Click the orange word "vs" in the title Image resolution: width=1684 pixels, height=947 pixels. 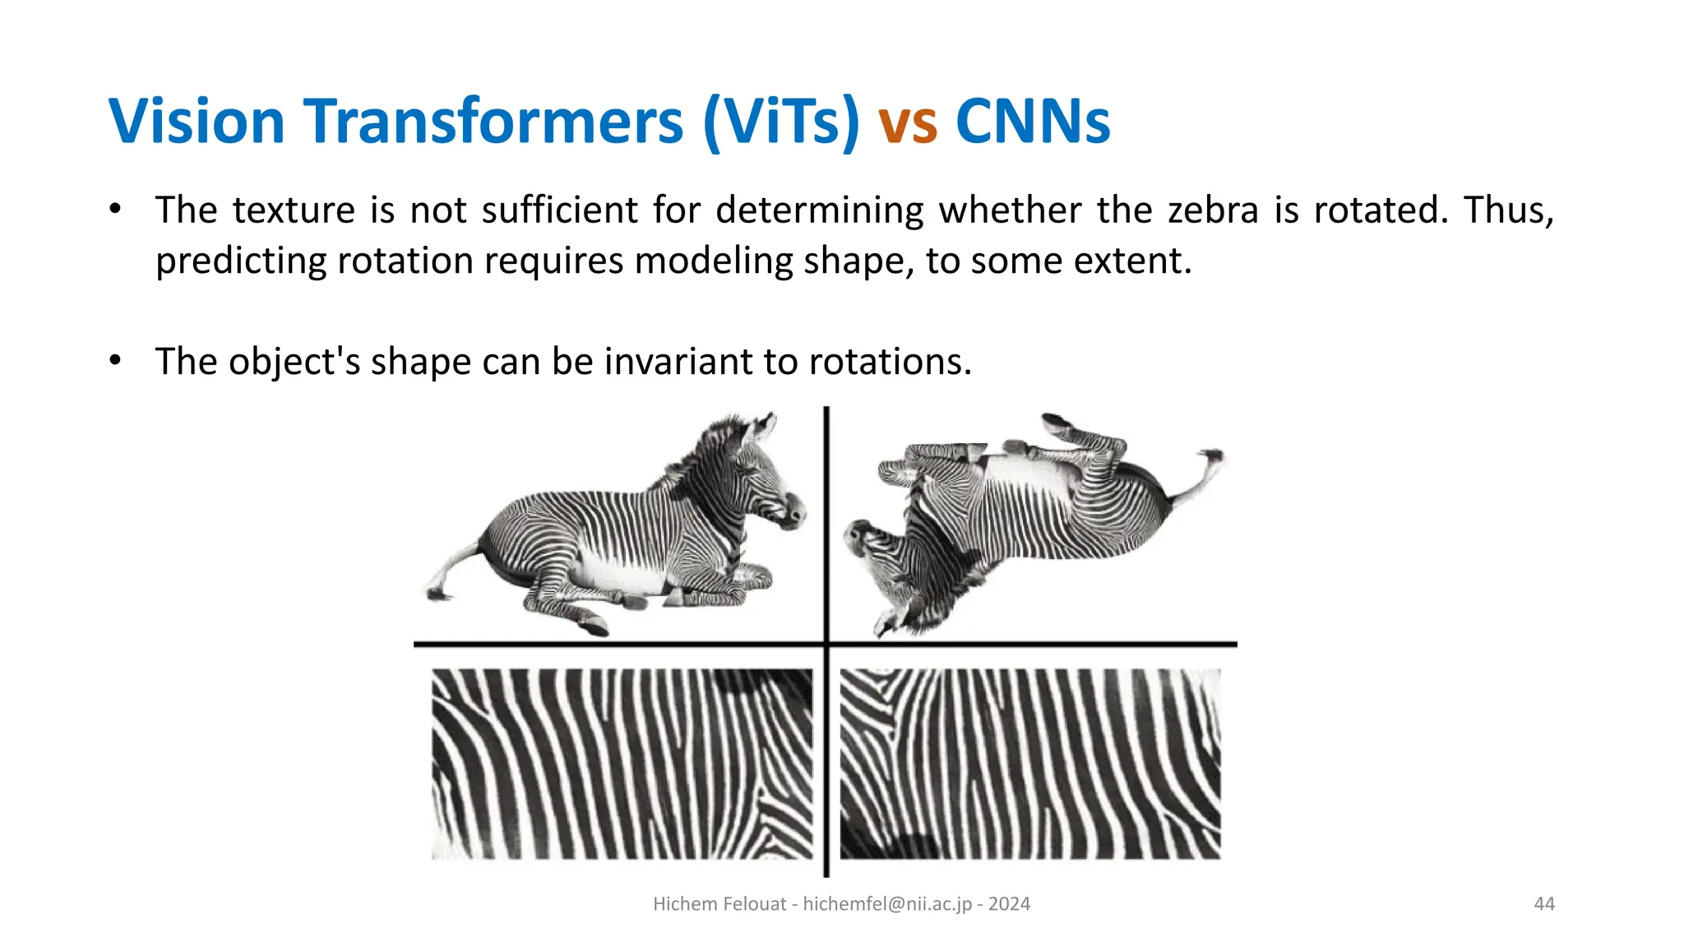(x=907, y=122)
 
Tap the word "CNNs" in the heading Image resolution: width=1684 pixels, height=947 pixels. (x=1033, y=122)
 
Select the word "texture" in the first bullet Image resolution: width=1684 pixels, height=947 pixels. (x=294, y=210)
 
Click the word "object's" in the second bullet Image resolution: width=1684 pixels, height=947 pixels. (x=294, y=362)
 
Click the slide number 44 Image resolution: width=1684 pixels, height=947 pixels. (x=1544, y=904)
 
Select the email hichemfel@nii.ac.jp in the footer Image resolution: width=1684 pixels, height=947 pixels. (x=887, y=904)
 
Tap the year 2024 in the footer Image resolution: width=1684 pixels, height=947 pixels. (x=1009, y=904)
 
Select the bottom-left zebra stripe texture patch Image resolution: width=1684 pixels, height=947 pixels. (x=622, y=765)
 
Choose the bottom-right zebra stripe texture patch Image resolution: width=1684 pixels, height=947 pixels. (x=1029, y=765)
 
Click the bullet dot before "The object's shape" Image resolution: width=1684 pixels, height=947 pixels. (x=116, y=360)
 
